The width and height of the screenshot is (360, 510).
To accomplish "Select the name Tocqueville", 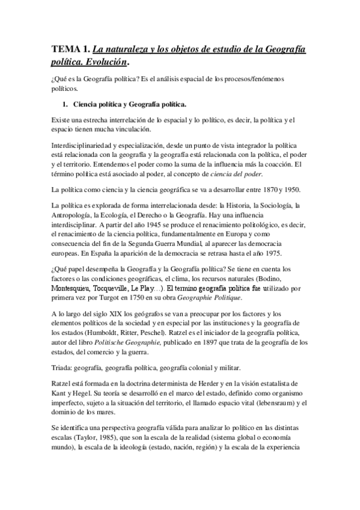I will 123,288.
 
